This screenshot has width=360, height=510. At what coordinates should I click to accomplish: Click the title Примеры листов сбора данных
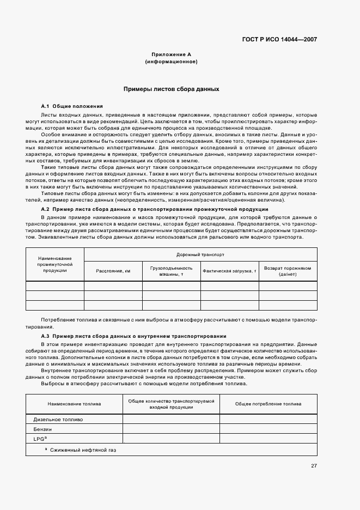click(x=171, y=89)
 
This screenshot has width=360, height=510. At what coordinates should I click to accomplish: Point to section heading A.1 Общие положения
click(x=72, y=106)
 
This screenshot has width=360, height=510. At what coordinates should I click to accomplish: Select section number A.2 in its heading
click(x=46, y=209)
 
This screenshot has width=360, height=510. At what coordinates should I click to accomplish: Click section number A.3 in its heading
click(x=46, y=336)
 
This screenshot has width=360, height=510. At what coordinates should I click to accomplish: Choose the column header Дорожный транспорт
click(x=200, y=254)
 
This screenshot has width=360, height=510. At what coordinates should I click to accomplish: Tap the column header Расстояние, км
click(x=113, y=271)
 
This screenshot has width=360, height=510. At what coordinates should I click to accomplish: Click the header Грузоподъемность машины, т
click(x=172, y=271)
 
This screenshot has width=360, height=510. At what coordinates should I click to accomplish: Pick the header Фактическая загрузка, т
click(x=229, y=271)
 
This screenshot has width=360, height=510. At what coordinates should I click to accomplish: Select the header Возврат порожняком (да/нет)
click(x=288, y=271)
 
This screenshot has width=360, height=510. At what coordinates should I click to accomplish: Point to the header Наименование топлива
click(x=74, y=404)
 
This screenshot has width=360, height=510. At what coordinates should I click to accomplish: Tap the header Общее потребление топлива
click(x=268, y=404)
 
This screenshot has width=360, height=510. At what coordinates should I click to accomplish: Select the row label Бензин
click(x=43, y=429)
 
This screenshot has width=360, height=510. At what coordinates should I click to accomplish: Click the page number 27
click(x=314, y=466)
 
